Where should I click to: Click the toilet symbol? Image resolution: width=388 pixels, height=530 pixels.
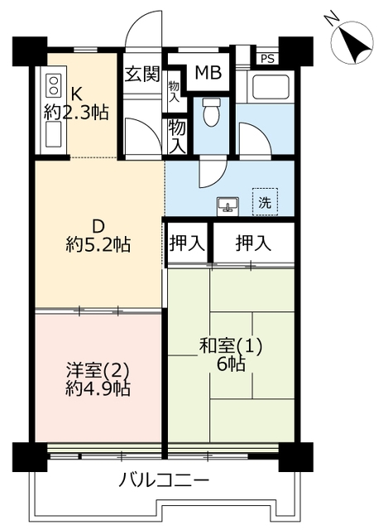(x=212, y=113)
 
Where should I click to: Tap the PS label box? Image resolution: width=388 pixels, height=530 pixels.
(x=267, y=59)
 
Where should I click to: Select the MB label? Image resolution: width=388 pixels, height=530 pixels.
(x=208, y=72)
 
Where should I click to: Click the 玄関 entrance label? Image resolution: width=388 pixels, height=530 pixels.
(x=141, y=75)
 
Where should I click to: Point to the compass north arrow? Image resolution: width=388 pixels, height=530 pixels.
(x=352, y=42)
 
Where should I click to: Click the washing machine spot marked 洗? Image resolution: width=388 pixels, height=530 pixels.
(x=265, y=202)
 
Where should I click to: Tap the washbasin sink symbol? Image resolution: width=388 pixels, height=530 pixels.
(x=228, y=205)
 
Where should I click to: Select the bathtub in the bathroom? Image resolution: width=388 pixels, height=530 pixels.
(x=268, y=87)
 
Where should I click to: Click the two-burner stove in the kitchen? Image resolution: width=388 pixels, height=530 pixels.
(x=54, y=85)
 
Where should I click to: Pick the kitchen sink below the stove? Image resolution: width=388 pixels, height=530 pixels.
(x=54, y=134)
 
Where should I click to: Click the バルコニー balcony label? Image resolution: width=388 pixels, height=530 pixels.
(x=164, y=480)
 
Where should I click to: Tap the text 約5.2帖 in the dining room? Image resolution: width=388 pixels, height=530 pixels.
(x=98, y=245)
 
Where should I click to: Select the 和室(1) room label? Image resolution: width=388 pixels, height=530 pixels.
(x=231, y=347)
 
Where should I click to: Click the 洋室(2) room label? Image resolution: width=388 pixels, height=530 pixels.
(x=98, y=371)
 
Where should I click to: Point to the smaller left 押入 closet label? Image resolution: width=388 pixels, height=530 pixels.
(x=187, y=243)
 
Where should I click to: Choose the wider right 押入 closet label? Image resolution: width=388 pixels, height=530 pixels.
(x=253, y=243)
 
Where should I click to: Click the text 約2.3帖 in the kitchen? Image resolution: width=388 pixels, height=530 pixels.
(x=76, y=113)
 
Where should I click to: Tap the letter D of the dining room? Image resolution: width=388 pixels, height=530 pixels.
(x=98, y=227)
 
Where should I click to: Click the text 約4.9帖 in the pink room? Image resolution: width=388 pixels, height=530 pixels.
(x=98, y=389)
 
